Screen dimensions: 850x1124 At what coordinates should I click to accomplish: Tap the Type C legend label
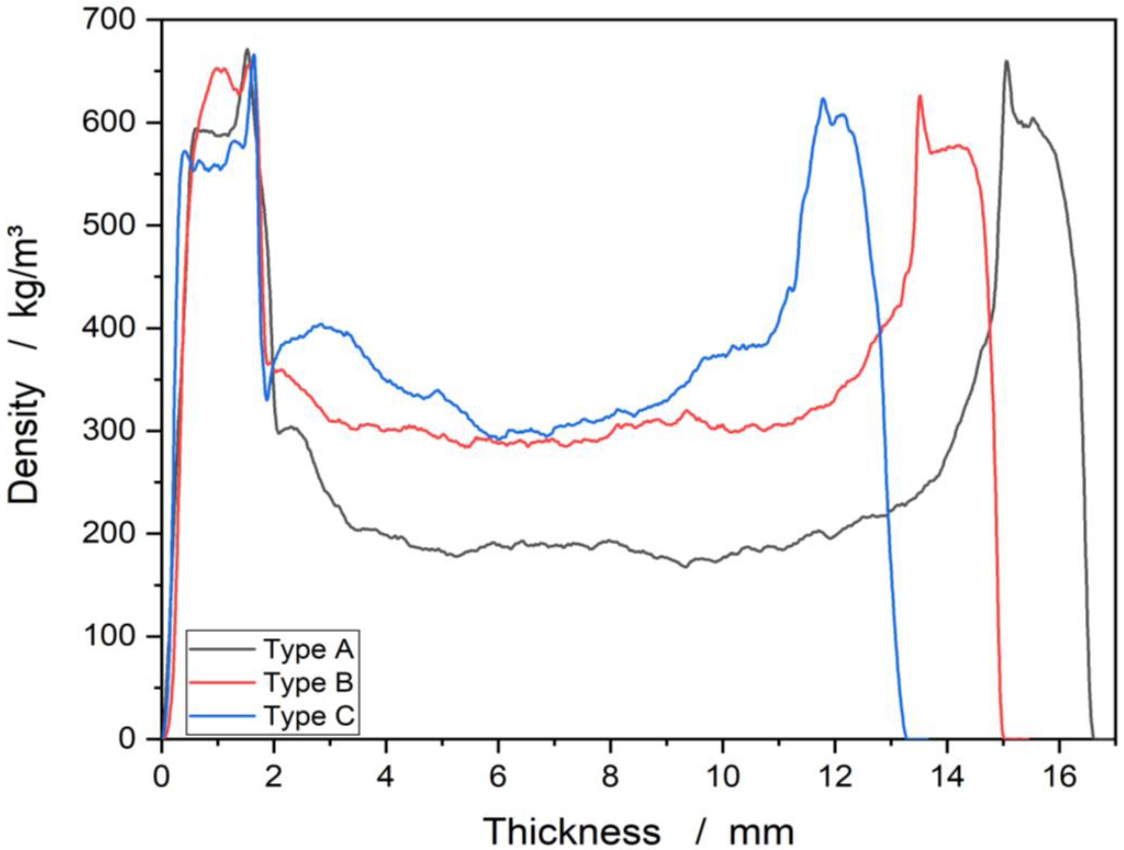309,716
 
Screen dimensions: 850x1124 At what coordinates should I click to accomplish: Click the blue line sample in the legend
222,716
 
